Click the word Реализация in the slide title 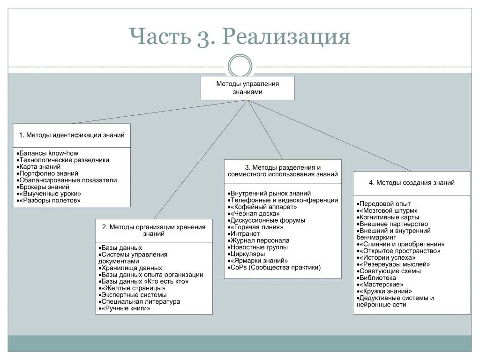(286, 37)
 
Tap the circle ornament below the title (240, 66)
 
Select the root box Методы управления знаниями (247, 88)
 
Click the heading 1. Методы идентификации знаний (72, 135)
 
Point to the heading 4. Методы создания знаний (412, 183)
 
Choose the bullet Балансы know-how (49, 153)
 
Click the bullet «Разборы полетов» (50, 200)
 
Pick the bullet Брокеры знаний (45, 187)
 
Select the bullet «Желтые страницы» (132, 288)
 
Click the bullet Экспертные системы (134, 295)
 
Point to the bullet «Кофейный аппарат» (259, 207)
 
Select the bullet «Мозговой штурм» (389, 210)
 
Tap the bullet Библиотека (378, 277)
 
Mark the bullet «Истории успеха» (387, 257)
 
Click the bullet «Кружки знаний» (386, 291)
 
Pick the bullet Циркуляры (248, 254)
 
